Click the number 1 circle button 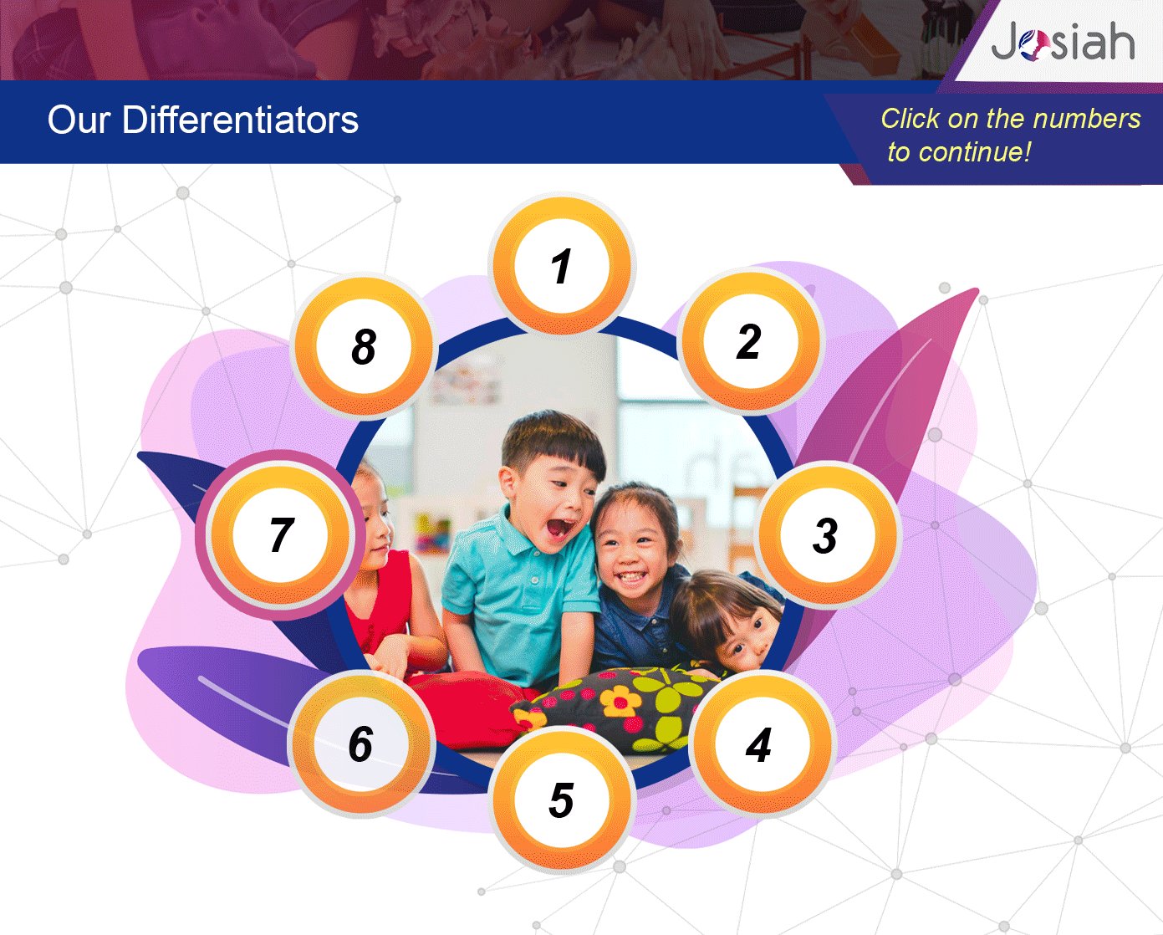pos(562,265)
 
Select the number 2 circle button pos(751,341)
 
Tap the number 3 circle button pos(828,535)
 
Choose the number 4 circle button pos(763,744)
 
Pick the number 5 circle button pos(562,800)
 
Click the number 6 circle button pos(361,743)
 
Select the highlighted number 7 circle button pos(280,535)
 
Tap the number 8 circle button pos(364,346)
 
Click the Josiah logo pos(1062,41)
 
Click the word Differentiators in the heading pos(240,120)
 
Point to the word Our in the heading pos(79,120)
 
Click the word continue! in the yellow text pos(975,152)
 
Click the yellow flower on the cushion pos(620,702)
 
